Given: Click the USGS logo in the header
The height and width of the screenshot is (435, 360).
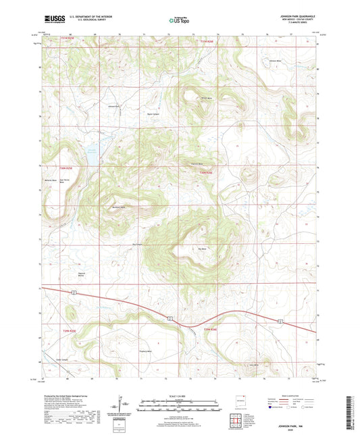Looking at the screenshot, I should point(52,20).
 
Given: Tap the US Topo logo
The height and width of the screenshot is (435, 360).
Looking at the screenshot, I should point(179,21).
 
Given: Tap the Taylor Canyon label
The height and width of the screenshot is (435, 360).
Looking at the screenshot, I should point(154,113).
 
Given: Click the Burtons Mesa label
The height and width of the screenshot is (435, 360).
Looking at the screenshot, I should point(119,207).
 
